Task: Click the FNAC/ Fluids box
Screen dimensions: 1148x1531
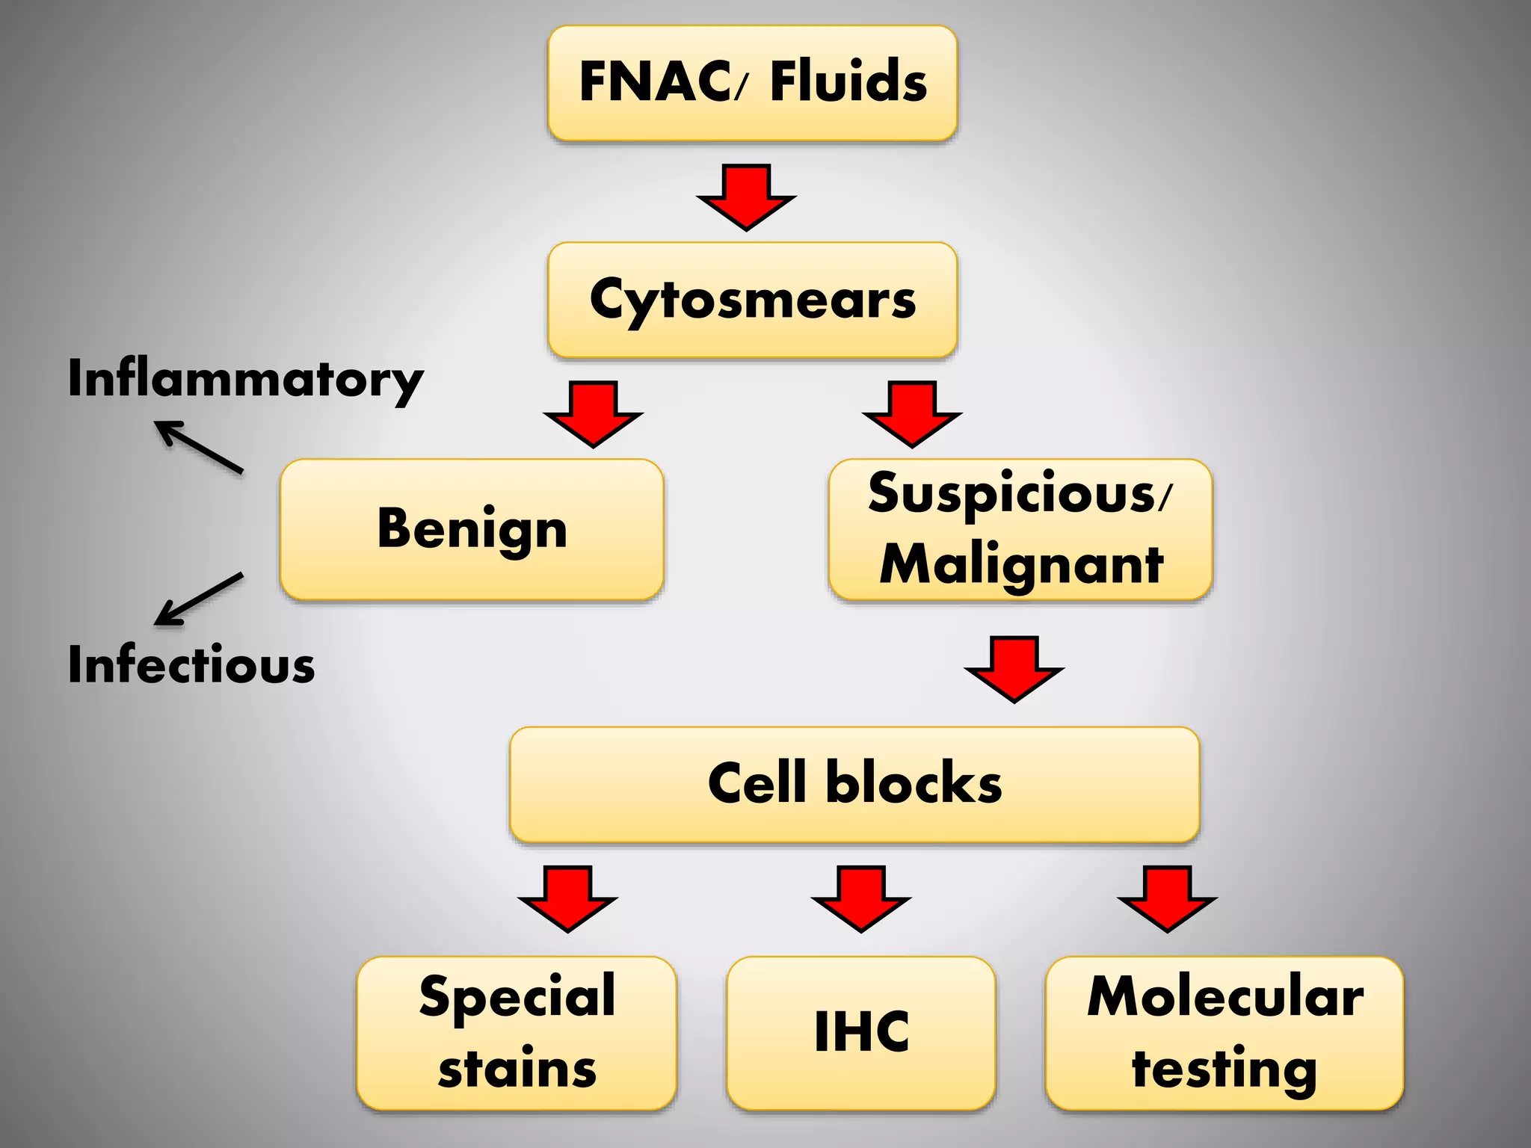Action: click(752, 82)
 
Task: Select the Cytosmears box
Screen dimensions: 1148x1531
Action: click(752, 299)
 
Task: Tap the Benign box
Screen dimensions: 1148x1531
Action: click(472, 528)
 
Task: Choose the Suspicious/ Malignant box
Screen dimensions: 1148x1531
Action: click(1020, 528)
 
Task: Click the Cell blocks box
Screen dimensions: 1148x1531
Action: click(854, 783)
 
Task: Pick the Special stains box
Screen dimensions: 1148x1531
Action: click(517, 1032)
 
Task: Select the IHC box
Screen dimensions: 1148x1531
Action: click(860, 1032)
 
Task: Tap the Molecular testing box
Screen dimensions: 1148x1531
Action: click(1224, 1032)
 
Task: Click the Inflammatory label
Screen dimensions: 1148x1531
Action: click(245, 380)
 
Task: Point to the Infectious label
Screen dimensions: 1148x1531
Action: click(191, 664)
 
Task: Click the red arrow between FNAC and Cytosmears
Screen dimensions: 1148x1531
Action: click(746, 197)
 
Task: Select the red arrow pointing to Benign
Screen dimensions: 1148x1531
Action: click(593, 413)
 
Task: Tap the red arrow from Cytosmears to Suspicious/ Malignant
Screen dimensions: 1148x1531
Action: click(911, 413)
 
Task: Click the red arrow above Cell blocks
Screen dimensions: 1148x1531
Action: click(1014, 668)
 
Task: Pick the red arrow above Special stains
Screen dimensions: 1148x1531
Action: click(567, 898)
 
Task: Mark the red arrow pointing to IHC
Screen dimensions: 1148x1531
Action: click(860, 898)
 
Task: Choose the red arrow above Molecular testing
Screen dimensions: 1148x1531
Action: click(1167, 898)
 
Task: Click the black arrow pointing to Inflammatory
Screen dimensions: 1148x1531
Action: click(199, 447)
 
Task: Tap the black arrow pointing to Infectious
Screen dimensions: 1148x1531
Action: click(199, 599)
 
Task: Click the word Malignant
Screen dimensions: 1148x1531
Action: click(1021, 564)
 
